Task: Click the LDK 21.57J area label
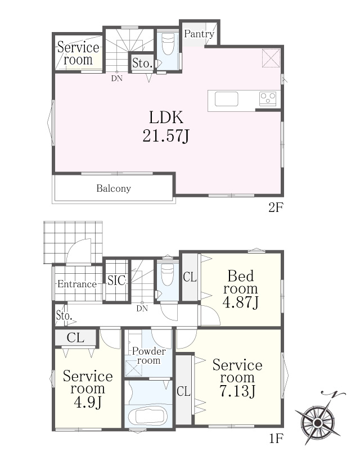click(166, 126)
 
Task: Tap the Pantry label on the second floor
click(199, 34)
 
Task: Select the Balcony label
click(114, 188)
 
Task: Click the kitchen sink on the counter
click(226, 99)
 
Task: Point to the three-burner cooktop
click(268, 98)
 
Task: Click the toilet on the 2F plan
click(168, 43)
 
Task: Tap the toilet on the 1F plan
click(168, 274)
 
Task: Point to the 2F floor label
click(276, 208)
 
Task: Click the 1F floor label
click(276, 439)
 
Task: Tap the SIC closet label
click(116, 281)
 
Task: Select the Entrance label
click(76, 284)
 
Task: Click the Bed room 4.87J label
click(241, 289)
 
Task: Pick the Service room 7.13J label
click(237, 378)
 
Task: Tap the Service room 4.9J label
click(88, 389)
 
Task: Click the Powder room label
click(149, 356)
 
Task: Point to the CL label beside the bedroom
click(190, 277)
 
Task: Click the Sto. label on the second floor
click(142, 63)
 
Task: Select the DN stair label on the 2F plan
click(117, 79)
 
